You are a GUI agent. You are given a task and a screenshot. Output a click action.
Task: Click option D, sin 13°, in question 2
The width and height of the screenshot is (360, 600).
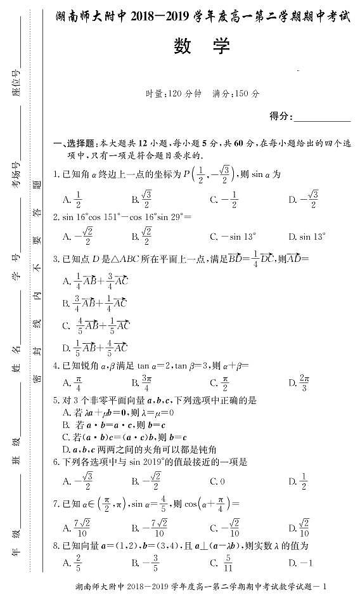point(307,237)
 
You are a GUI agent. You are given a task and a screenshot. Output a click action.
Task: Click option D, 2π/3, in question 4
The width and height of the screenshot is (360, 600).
point(299,382)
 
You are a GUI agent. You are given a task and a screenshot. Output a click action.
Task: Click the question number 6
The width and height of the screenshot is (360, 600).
point(56,462)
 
